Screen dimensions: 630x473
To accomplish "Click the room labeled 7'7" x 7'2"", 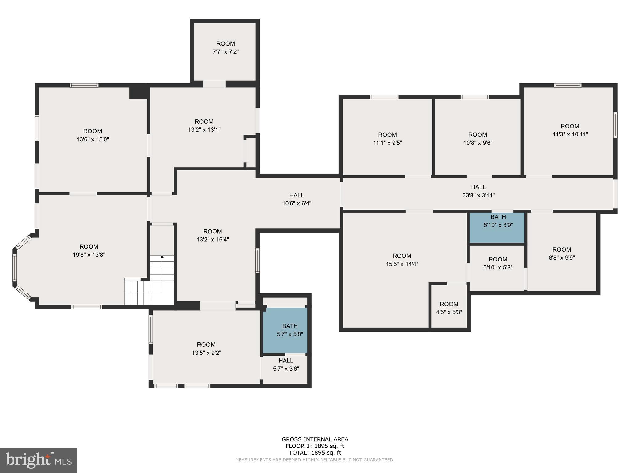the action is [225, 51].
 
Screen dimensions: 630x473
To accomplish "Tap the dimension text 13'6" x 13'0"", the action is [93, 139].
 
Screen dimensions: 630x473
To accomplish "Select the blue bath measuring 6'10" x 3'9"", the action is [497, 228].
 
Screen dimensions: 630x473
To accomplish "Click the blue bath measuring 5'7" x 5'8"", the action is [285, 330].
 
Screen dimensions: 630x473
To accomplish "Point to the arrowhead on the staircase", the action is [162, 257].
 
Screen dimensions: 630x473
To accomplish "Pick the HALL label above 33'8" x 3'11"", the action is [478, 187].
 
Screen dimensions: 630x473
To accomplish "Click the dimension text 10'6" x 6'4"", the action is [297, 203].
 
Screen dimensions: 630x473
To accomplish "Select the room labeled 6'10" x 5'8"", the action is [497, 268].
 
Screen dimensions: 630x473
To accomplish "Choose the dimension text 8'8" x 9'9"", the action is [562, 257].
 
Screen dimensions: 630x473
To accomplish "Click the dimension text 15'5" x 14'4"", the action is [402, 264].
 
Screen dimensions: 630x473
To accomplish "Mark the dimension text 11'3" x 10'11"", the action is [570, 134].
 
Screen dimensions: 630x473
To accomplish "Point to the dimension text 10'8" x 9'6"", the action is [478, 143].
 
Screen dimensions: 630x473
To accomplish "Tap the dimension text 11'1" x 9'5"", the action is [387, 143].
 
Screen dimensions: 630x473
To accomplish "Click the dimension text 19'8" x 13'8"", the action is [89, 255].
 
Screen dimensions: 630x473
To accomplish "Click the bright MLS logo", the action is [38, 460].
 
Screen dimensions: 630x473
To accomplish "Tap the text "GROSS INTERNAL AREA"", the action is [315, 439].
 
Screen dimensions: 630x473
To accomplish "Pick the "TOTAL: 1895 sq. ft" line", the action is [315, 453].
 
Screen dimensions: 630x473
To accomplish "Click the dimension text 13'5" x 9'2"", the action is [206, 353].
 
